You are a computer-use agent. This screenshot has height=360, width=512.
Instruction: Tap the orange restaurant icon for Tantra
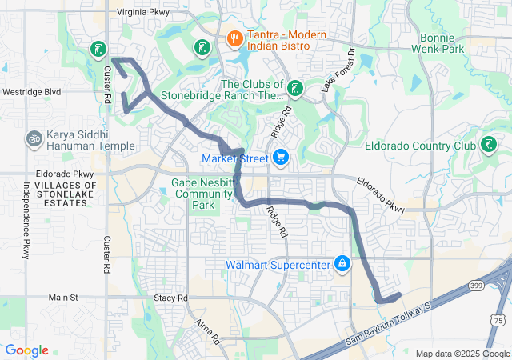tap(234, 37)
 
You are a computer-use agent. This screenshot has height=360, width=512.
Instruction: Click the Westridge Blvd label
tap(31, 92)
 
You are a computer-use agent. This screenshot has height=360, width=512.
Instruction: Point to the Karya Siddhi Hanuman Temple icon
tap(34, 138)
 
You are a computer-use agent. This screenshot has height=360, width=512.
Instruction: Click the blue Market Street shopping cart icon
tap(280, 158)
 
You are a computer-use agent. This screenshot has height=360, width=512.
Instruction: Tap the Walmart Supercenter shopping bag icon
tap(342, 263)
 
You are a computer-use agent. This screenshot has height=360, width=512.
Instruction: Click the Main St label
tap(62, 298)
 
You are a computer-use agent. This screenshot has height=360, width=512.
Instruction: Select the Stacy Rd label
tap(170, 298)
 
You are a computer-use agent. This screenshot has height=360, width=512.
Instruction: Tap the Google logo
tap(27, 350)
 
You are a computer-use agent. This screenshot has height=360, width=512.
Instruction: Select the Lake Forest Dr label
tap(337, 76)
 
